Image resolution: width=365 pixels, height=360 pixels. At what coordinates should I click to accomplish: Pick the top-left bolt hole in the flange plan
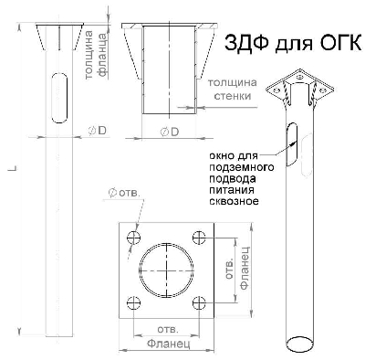(x=134, y=238)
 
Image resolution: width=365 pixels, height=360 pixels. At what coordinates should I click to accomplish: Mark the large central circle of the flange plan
(x=167, y=270)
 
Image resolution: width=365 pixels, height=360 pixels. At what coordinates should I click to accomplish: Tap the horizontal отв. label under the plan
(x=167, y=326)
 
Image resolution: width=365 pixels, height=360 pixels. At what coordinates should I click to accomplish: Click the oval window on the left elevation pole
(x=57, y=96)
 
